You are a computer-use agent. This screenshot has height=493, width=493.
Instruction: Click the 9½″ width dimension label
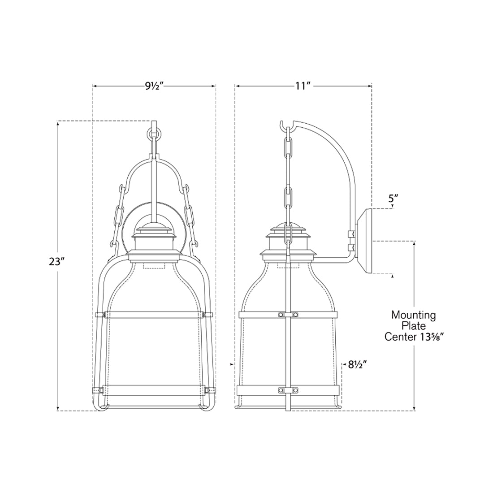tap(155, 86)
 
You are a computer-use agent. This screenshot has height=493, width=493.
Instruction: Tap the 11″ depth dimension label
tap(303, 86)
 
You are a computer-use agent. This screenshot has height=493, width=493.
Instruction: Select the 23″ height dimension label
tap(57, 262)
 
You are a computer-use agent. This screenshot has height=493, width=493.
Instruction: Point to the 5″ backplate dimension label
tap(393, 199)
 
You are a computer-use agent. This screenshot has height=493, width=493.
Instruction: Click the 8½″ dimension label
tap(358, 365)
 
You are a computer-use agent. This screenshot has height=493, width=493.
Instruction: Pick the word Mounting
tap(414, 315)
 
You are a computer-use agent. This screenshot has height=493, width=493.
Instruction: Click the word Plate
tap(414, 326)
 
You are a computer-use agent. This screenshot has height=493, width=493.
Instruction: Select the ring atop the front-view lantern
tap(154, 134)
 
